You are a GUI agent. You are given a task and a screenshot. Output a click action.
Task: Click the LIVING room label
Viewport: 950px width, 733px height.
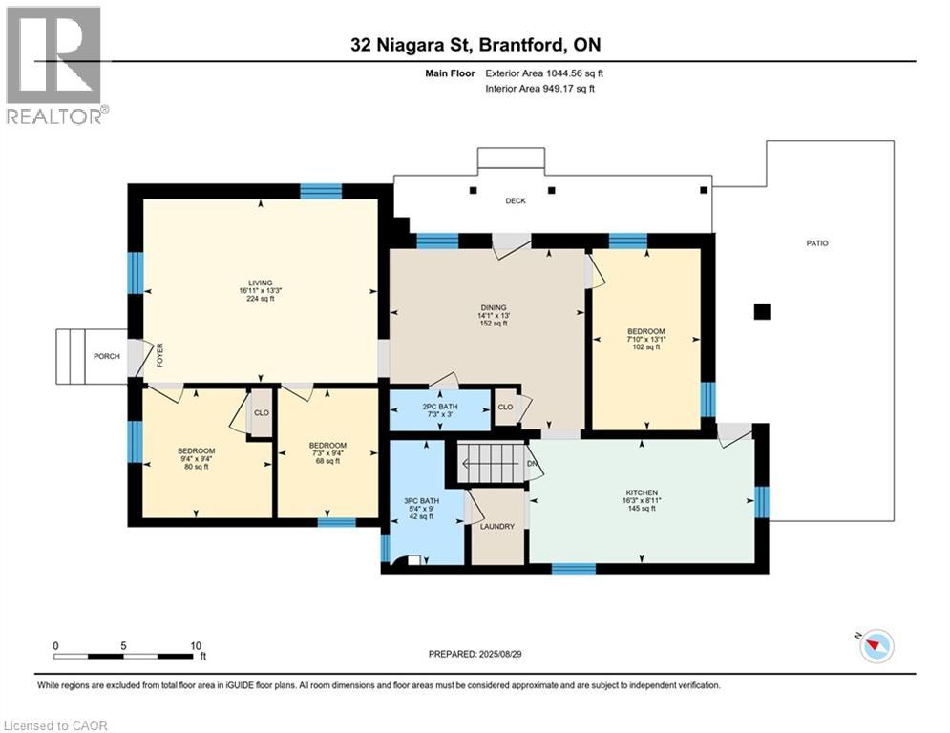tap(261, 283)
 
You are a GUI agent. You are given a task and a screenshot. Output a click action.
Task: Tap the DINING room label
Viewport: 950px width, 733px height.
tap(494, 307)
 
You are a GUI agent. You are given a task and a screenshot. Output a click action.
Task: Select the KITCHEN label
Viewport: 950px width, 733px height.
tap(642, 492)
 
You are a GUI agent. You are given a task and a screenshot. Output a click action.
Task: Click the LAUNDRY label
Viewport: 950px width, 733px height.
tap(497, 527)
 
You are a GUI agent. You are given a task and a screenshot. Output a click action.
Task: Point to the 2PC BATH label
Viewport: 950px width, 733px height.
tap(440, 407)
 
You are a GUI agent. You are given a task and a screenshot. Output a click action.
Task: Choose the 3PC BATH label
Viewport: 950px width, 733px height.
tap(422, 501)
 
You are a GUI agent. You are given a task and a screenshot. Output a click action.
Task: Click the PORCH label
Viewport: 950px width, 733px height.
tap(107, 356)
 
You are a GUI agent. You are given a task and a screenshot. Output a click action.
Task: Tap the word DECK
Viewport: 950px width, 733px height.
tap(516, 200)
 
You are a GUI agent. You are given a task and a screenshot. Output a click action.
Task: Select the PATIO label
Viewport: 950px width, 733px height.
tap(817, 243)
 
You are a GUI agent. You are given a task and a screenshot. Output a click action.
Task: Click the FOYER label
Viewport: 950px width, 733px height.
tap(160, 356)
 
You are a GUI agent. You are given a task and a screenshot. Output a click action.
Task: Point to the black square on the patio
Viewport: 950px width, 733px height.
tap(762, 311)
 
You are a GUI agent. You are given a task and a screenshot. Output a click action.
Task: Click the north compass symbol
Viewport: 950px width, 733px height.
tap(876, 646)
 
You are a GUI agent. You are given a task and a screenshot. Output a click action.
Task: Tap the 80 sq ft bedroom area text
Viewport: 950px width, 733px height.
tap(197, 467)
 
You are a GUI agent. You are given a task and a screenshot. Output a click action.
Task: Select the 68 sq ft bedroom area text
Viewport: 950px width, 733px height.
tap(327, 461)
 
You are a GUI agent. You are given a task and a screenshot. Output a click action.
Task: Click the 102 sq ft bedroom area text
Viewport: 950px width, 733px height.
tap(645, 347)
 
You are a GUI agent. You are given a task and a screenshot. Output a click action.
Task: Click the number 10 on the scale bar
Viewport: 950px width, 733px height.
tap(196, 646)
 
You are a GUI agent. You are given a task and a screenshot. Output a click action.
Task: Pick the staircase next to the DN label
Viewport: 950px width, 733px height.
tap(490, 464)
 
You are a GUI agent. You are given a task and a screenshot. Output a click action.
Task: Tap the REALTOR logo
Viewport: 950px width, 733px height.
tap(56, 65)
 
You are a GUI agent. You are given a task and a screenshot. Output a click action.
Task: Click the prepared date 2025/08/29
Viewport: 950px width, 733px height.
tap(500, 654)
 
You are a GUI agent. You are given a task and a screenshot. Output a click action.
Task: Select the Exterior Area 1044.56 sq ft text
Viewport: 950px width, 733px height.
tap(544, 73)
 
